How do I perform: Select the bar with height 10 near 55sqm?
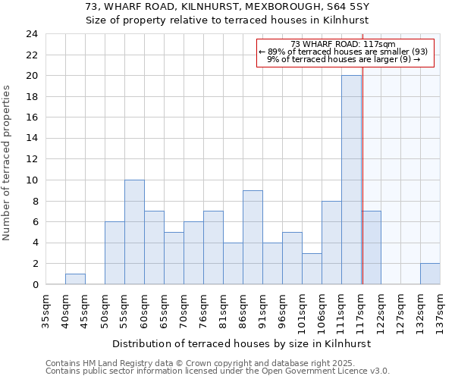134,232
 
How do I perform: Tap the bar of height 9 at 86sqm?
253,237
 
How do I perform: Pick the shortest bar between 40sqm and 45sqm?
75,279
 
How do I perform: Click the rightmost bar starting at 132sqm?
430,274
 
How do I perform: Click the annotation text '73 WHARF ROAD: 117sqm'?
343,45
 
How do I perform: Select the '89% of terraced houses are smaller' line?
343,52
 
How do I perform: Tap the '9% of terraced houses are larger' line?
343,59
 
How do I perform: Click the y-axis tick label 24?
31,34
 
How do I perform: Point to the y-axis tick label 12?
31,159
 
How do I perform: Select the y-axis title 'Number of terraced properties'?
7,162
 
